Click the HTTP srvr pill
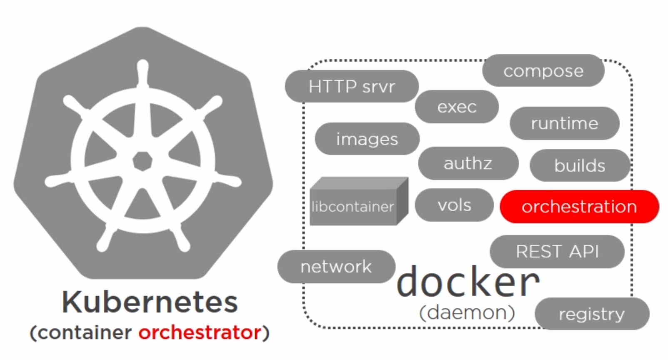[351, 87]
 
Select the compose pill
[543, 71]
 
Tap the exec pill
[456, 107]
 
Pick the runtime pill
[564, 123]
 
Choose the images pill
[367, 139]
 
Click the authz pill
[468, 163]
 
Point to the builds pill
[579, 166]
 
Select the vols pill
[454, 205]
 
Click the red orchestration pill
[579, 207]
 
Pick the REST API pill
[557, 252]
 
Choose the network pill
[336, 267]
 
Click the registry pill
[591, 314]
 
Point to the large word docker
[468, 282]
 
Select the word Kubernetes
[150, 302]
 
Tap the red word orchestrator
[200, 332]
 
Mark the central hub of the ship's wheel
[143, 161]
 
